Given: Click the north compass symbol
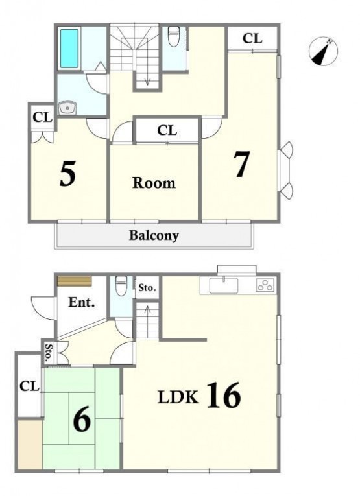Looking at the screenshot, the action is point(323,51).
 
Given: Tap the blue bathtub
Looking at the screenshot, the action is point(69,49).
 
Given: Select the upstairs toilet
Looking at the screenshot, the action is point(173,36).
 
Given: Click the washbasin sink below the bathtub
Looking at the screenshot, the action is point(67,108).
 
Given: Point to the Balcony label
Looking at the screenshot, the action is point(154,235).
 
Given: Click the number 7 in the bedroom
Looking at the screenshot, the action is point(243,164).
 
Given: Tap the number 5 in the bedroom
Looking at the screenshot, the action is point(67,173).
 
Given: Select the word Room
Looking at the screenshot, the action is point(154,183).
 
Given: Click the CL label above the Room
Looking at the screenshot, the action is point(167,130).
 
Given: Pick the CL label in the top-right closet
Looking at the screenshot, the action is point(252,39).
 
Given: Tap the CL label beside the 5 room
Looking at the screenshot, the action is point(42,117).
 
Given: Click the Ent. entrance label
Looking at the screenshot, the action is point(82,302).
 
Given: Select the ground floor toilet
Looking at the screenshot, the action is point(121,286).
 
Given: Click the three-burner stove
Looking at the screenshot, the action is point(265,285).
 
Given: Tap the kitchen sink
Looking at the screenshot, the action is point(224,285).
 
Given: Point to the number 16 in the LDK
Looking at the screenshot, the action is point(224,395).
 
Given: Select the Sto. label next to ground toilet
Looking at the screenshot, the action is point(147,288).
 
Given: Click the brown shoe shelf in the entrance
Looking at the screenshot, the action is point(75,281).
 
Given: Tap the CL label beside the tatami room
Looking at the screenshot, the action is point(29,386).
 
